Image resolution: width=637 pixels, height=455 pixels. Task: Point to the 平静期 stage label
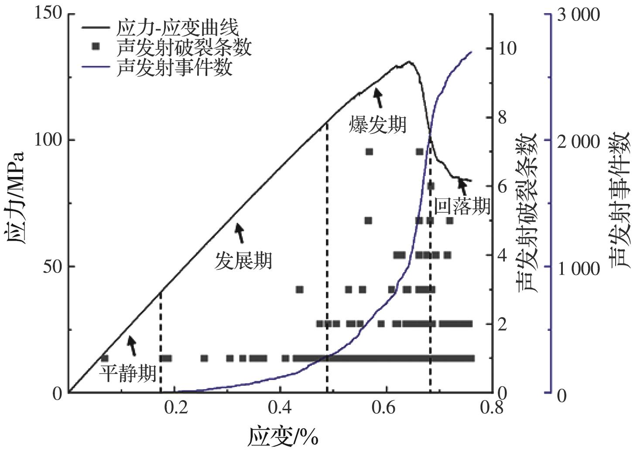(x=128, y=374)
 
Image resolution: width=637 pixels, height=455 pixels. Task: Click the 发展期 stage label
(x=243, y=261)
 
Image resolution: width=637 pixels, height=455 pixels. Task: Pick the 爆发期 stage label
(x=377, y=124)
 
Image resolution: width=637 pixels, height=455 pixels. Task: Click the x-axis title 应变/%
(x=283, y=437)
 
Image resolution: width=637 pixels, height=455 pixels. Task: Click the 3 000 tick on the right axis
(x=579, y=15)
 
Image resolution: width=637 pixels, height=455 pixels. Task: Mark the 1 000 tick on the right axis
(x=579, y=268)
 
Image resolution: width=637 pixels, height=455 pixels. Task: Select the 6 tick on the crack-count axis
(x=502, y=187)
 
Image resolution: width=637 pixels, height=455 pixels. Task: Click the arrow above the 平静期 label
(x=131, y=346)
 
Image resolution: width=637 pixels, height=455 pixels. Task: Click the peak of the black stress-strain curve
(x=409, y=62)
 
